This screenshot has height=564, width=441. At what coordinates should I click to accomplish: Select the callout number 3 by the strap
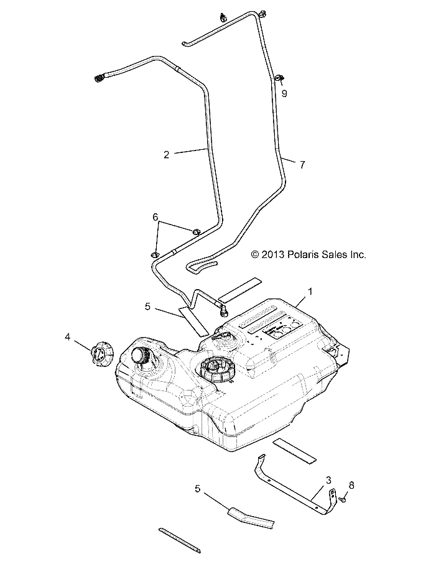(x=327, y=479)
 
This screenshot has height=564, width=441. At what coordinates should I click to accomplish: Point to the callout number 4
(x=67, y=338)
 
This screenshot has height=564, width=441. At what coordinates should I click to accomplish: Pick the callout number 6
(x=156, y=217)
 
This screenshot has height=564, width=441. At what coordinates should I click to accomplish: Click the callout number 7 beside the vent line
(x=303, y=165)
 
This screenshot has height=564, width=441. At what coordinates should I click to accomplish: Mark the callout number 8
(x=351, y=484)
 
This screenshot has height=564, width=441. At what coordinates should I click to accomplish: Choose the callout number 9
(x=284, y=93)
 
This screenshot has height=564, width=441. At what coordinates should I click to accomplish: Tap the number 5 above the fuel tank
(x=147, y=306)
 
